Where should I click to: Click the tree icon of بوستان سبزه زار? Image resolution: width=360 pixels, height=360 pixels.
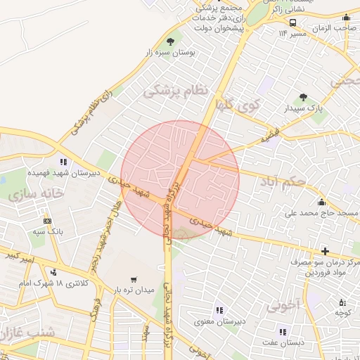(171, 42)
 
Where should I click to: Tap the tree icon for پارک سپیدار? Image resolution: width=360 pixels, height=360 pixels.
(303, 98)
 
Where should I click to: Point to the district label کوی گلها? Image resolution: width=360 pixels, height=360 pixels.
(238, 107)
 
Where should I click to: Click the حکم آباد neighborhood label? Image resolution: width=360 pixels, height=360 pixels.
(282, 182)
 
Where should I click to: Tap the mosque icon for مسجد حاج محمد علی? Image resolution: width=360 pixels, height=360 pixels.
(322, 202)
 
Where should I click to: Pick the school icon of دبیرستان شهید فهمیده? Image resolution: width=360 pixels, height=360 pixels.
(64, 162)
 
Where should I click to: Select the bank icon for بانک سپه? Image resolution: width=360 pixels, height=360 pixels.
(46, 219)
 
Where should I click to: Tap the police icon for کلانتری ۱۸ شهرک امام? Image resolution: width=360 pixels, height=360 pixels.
(54, 273)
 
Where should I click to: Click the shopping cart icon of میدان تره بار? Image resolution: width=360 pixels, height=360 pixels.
(134, 279)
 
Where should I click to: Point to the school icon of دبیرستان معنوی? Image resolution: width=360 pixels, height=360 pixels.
(219, 310)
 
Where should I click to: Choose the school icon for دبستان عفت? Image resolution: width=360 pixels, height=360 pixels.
(283, 332)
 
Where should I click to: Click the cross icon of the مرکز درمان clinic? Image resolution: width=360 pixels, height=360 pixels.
(325, 251)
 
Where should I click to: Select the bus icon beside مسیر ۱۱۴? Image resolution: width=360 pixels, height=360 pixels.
(292, 22)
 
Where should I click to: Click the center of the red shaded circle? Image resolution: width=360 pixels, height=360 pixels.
(180, 180)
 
